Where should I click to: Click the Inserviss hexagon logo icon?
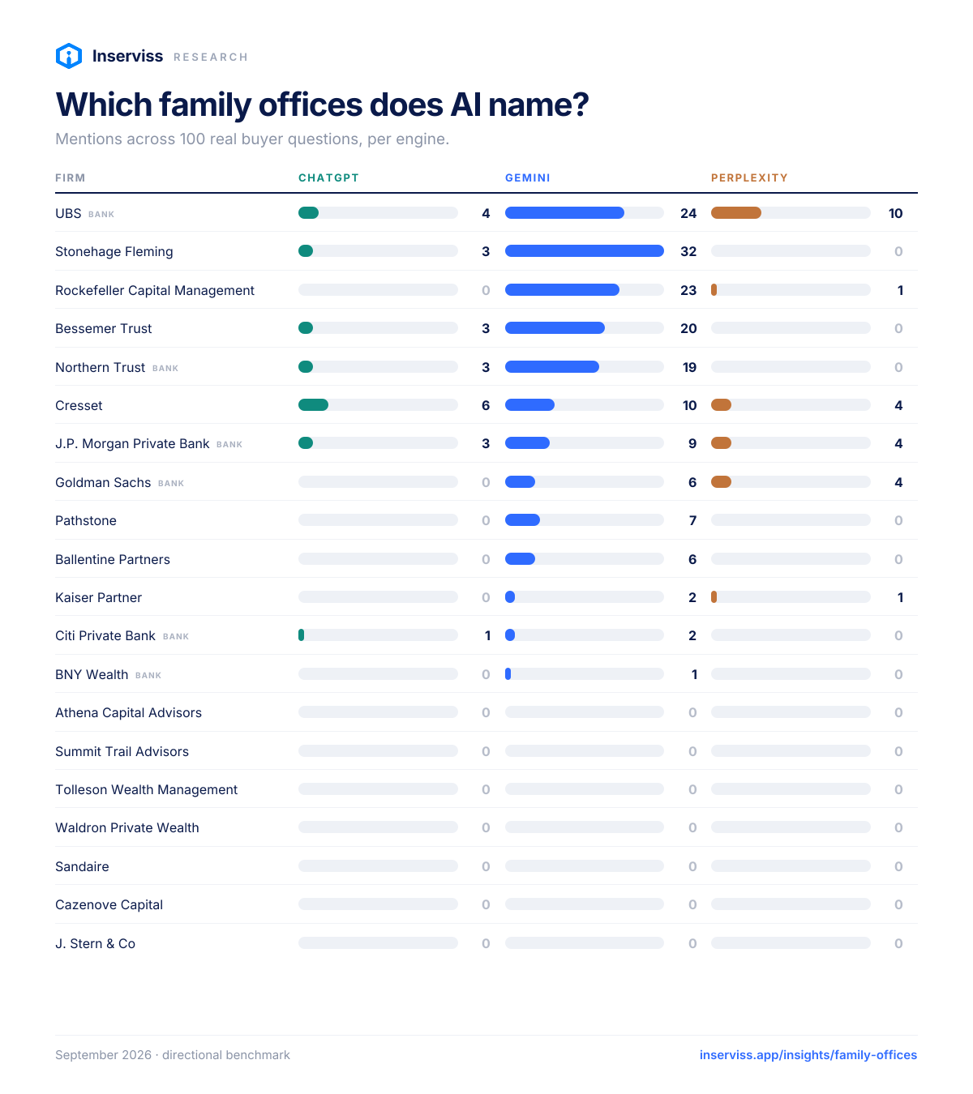tap(69, 56)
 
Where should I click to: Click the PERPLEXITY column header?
tap(748, 177)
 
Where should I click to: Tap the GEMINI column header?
tap(527, 177)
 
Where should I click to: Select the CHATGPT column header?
tap(328, 177)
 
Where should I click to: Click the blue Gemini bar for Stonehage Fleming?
tap(584, 250)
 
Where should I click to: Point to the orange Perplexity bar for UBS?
tap(735, 213)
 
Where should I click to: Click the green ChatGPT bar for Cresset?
tap(313, 404)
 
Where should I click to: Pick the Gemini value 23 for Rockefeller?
tap(688, 290)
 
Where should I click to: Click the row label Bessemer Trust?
tap(103, 328)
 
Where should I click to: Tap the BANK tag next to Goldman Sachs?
tap(171, 483)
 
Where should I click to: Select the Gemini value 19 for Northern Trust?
tap(689, 367)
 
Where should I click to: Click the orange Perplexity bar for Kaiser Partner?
tap(714, 596)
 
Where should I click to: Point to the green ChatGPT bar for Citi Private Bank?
tap(301, 635)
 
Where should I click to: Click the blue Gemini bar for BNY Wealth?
tap(508, 673)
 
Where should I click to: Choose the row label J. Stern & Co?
tap(95, 942)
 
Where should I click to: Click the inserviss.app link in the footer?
tap(808, 1054)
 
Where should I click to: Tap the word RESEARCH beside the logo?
tap(210, 57)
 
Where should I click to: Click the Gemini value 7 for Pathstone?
tap(692, 520)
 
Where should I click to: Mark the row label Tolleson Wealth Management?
tap(146, 789)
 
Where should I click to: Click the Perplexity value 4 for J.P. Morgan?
tap(898, 443)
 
